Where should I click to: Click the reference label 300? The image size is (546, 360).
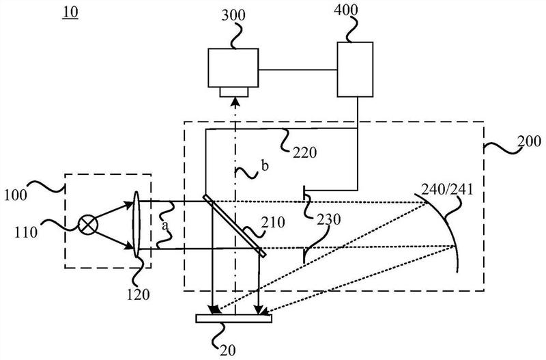[x=233, y=15]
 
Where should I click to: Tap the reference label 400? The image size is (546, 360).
[x=346, y=10]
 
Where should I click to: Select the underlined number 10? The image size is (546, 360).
[x=70, y=12]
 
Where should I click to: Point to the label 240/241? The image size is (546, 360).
[x=448, y=189]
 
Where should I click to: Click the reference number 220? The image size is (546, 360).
[x=304, y=152]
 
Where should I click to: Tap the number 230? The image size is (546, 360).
[x=329, y=219]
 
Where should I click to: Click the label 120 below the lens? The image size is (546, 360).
[x=138, y=294]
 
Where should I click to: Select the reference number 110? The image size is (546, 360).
[x=26, y=232]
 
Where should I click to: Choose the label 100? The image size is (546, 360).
[x=15, y=195]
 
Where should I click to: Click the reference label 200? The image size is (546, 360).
[x=530, y=141]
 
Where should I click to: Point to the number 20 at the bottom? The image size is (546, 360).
[x=228, y=350]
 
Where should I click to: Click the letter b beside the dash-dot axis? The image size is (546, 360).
[x=265, y=166]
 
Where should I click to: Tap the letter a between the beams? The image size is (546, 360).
[x=165, y=226]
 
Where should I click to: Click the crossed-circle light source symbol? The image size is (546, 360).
[x=88, y=225]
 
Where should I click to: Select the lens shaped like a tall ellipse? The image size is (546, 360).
[x=136, y=225]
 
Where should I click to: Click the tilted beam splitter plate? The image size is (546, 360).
[x=235, y=225]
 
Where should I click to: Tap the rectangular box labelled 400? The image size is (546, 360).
[x=355, y=70]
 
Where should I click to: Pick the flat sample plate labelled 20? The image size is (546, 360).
[x=233, y=318]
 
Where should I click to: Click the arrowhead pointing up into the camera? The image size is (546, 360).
[x=235, y=101]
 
